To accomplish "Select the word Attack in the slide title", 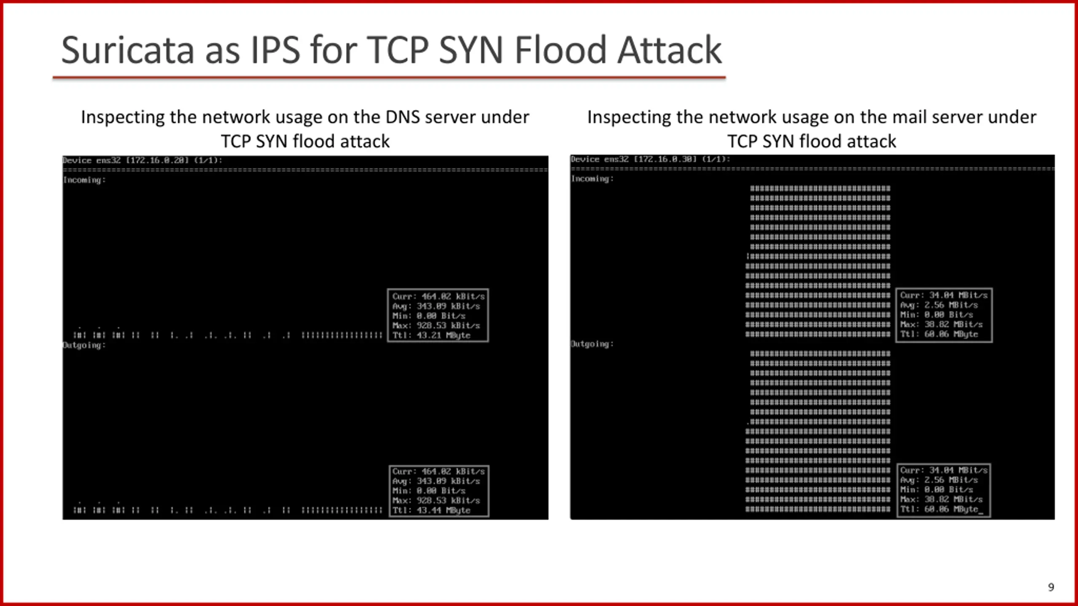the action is (x=669, y=50).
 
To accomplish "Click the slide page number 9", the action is (x=1051, y=587).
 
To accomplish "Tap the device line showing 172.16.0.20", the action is (x=142, y=160).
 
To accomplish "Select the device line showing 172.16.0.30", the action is (x=650, y=159).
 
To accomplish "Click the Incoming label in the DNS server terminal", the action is (x=84, y=180).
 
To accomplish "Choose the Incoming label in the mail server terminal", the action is (x=592, y=179).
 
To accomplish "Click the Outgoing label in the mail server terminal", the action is (x=592, y=344).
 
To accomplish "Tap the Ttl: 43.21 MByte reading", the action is (x=431, y=335).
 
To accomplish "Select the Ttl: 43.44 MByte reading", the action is (x=431, y=510).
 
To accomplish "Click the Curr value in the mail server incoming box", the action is (x=958, y=295).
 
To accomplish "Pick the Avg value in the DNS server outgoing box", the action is (x=448, y=481).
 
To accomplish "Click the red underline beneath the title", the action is (x=389, y=77).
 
